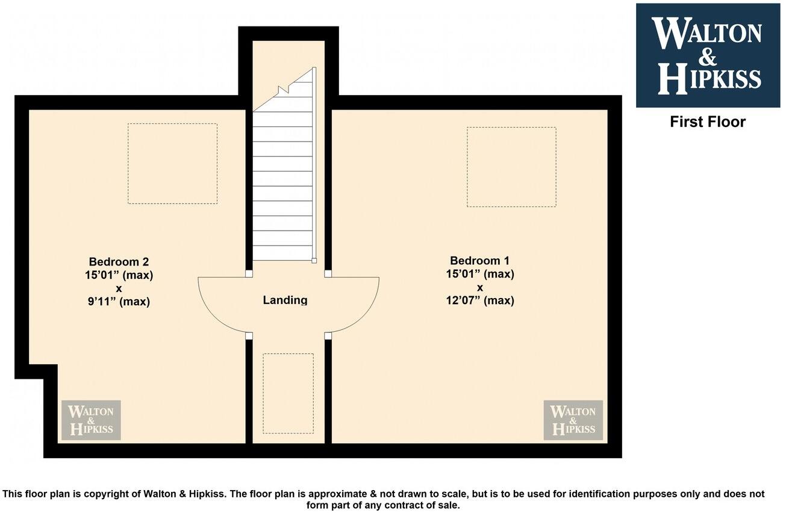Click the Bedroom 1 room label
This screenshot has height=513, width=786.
tap(479, 261)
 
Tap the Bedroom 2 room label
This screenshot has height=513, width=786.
tap(119, 262)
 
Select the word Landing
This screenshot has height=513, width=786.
tap(285, 300)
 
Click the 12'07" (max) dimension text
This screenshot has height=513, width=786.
tap(479, 300)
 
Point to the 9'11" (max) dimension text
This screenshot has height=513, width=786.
tap(119, 302)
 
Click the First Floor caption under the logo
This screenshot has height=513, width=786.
tap(708, 122)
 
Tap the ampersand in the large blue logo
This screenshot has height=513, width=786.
tap(708, 58)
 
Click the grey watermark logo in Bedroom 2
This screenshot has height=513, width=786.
tap(91, 420)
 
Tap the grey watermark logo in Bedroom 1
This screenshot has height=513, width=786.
tap(573, 420)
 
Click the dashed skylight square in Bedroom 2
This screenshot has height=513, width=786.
tap(172, 164)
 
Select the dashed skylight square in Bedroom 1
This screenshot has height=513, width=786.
tap(511, 167)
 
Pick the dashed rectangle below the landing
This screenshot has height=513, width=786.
tap(288, 393)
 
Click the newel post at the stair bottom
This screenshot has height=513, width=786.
tap(314, 261)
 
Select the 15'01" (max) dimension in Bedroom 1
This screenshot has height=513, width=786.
tap(479, 274)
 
